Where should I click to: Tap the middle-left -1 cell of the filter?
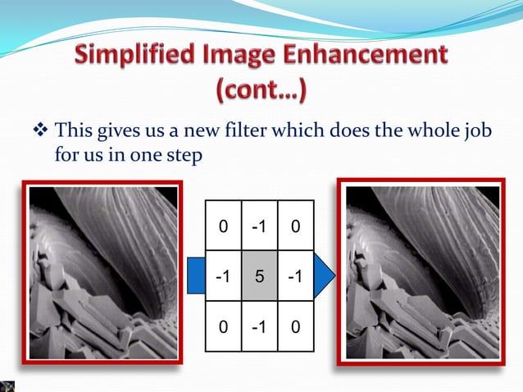pyautogui.click(x=221, y=277)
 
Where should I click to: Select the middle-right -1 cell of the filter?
pyautogui.click(x=294, y=277)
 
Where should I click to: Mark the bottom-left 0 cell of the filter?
pyautogui.click(x=221, y=329)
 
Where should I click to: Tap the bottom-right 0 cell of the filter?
pyautogui.click(x=294, y=329)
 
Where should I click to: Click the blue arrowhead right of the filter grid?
pyautogui.click(x=325, y=277)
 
